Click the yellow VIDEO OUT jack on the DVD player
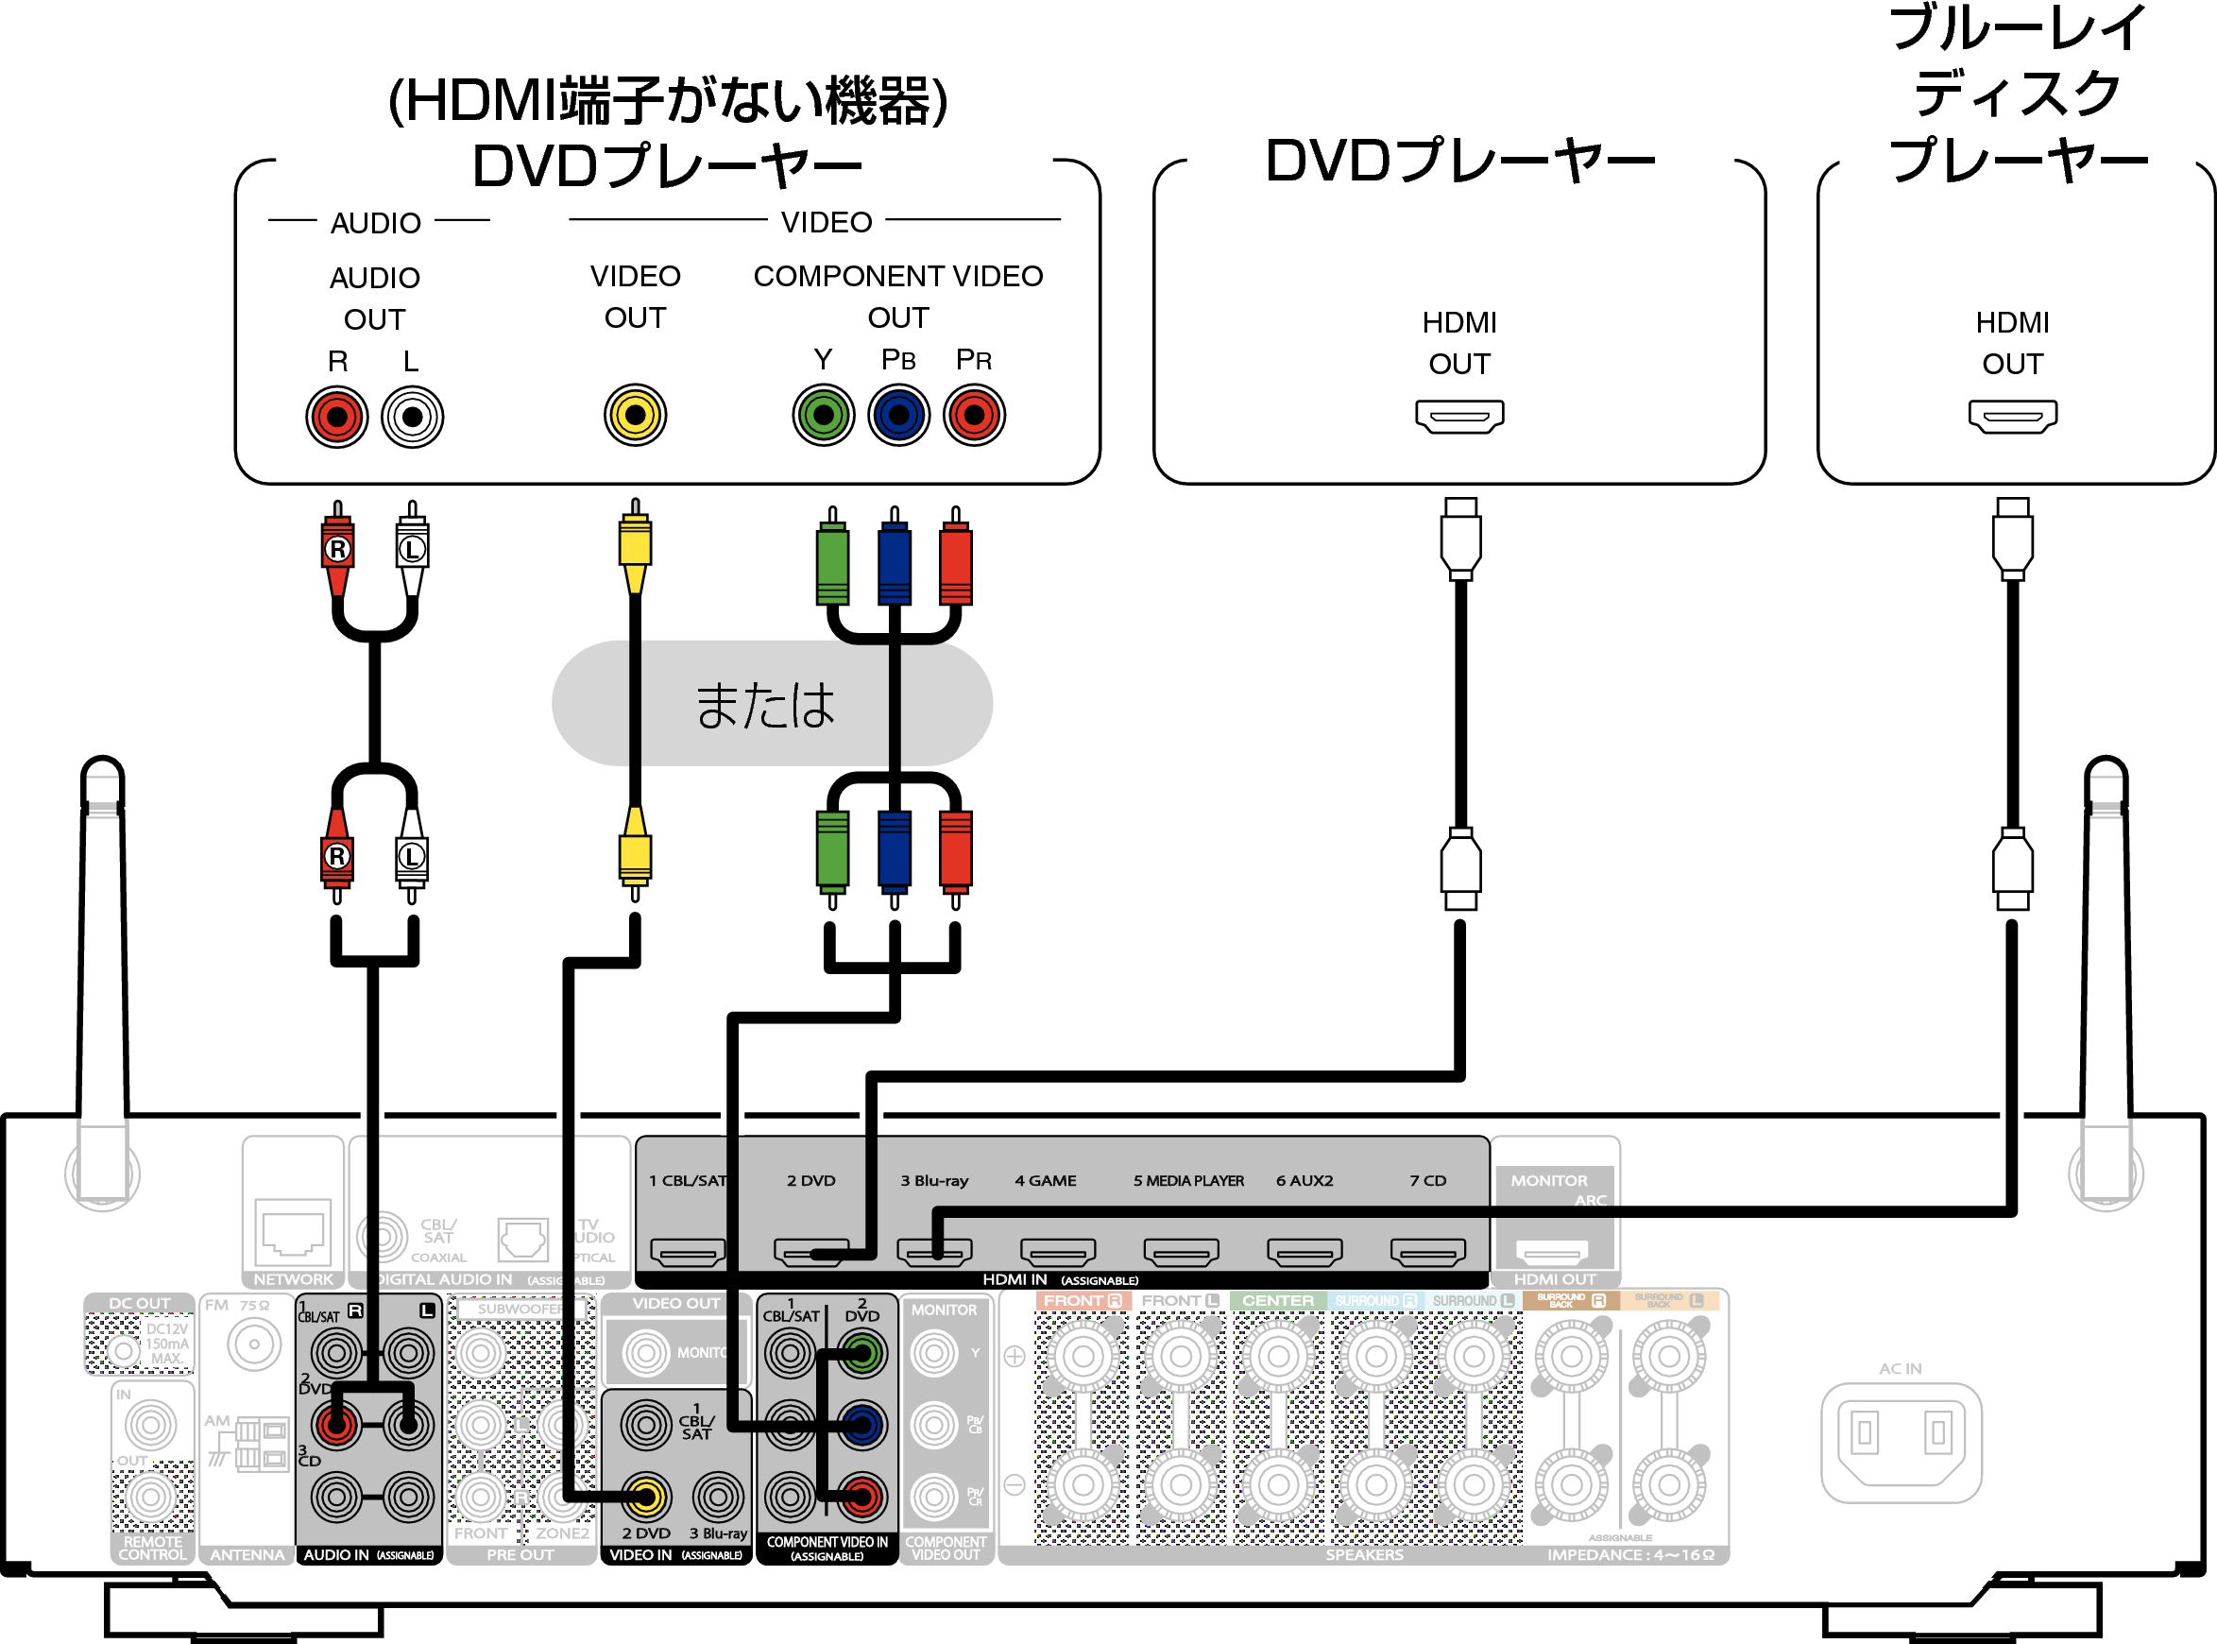click(x=635, y=415)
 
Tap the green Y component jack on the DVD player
click(x=823, y=415)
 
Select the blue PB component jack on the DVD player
click(x=898, y=415)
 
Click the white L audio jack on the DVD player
click(x=412, y=417)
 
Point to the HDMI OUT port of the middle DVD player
click(x=1458, y=416)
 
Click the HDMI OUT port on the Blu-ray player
click(x=2012, y=416)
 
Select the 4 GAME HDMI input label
click(x=1045, y=1180)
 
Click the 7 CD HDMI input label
click(x=1427, y=1180)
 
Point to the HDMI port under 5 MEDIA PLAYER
click(x=1181, y=1251)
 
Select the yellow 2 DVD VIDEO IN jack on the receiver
click(x=646, y=1496)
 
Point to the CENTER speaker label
click(x=1277, y=1301)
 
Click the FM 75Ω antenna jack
click(x=254, y=1344)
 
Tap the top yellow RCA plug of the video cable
click(x=635, y=542)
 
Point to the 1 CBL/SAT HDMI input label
click(x=688, y=1180)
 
